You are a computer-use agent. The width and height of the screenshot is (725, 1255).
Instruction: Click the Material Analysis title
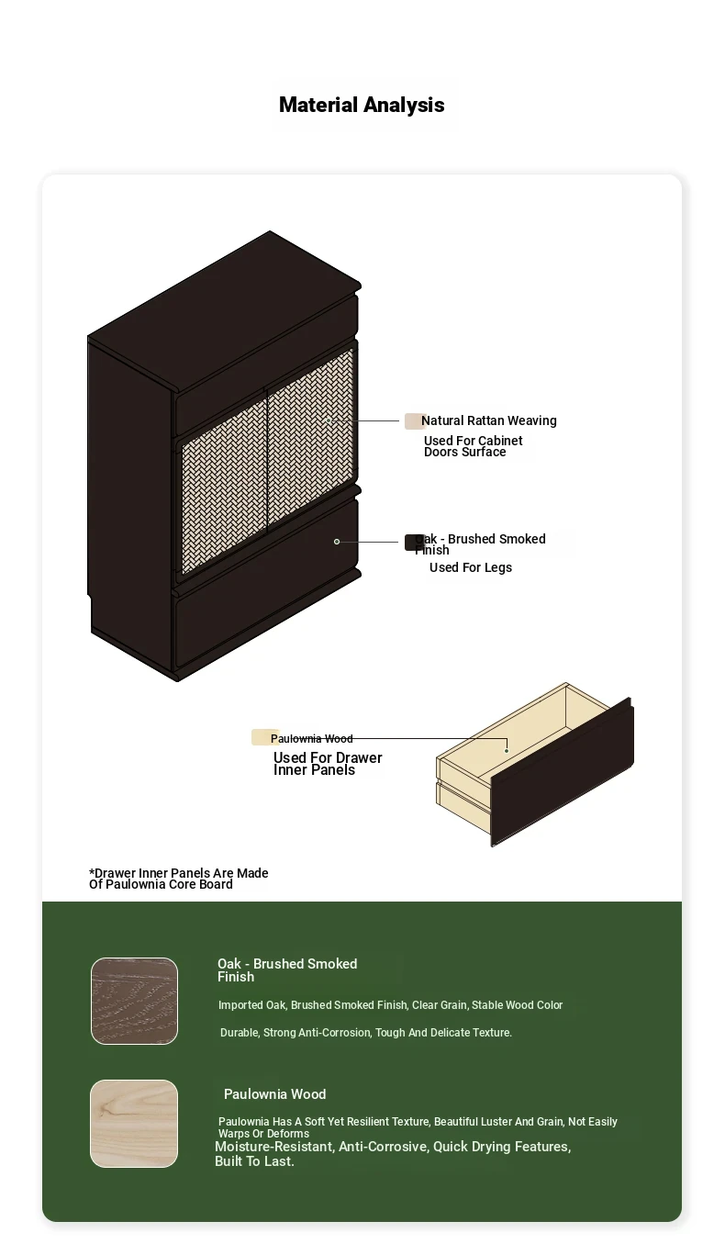[362, 105]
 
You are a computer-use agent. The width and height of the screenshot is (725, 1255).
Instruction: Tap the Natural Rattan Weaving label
[489, 420]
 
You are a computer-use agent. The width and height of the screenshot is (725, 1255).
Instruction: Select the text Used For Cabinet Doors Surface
[473, 446]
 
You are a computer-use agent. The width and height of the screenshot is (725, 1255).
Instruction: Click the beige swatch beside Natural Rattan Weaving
[413, 421]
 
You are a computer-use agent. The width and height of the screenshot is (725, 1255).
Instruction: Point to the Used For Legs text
[471, 567]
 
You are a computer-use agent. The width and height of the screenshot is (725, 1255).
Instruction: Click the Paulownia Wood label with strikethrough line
[312, 738]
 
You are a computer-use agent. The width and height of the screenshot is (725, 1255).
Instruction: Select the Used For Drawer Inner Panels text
[328, 764]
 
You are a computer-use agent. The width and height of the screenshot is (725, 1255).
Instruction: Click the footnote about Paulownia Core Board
[179, 879]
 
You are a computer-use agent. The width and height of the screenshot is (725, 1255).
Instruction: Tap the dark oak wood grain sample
[134, 1001]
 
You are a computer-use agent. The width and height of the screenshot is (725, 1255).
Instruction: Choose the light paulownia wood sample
[134, 1124]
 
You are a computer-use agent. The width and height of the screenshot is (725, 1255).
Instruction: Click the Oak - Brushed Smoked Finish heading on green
[287, 969]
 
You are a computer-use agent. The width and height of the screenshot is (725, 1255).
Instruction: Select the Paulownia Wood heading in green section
[275, 1094]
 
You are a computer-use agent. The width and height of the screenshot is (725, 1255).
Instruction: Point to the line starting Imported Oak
[390, 1005]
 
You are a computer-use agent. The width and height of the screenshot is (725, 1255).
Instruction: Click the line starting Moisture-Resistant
[393, 1154]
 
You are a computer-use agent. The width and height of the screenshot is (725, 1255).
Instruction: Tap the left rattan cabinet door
[224, 487]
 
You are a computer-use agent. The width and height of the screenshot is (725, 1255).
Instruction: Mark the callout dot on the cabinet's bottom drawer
[337, 542]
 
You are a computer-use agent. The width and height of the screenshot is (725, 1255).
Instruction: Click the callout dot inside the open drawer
[507, 751]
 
